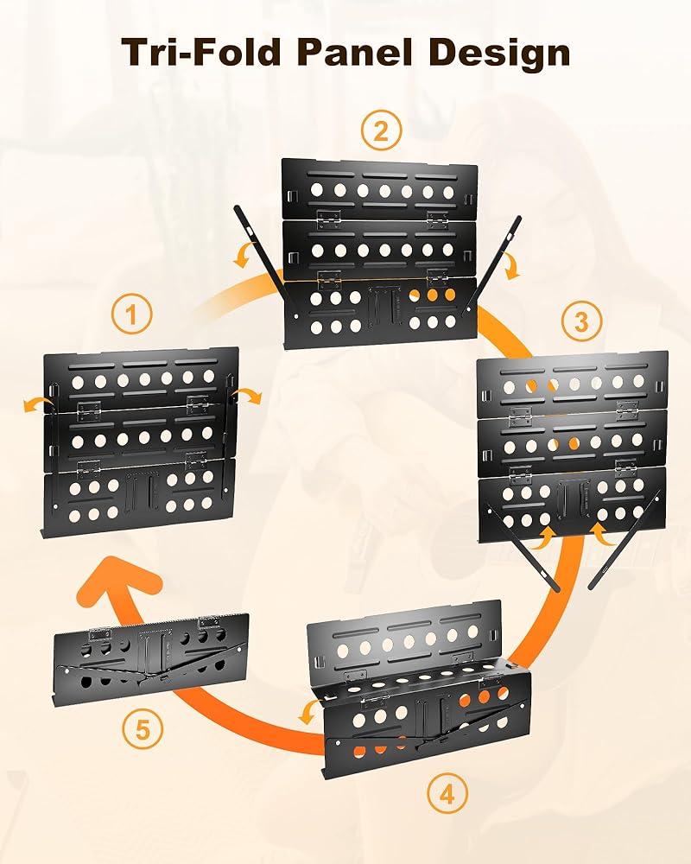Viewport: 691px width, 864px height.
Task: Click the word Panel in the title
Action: [x=357, y=52]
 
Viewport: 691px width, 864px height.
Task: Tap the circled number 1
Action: [x=131, y=315]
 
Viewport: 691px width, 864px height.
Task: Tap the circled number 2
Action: [x=381, y=130]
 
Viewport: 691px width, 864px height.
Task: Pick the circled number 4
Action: [x=447, y=794]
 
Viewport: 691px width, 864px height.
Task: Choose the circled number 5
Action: [x=143, y=730]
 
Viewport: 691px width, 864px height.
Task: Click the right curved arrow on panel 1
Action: [x=247, y=395]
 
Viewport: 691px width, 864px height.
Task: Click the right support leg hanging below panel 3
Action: [x=625, y=541]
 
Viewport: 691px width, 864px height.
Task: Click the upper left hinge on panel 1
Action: [x=89, y=409]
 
